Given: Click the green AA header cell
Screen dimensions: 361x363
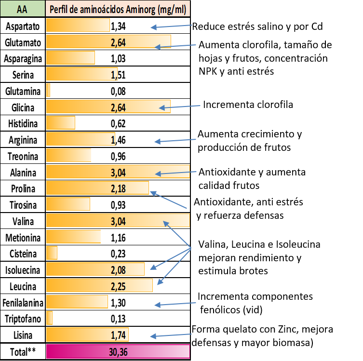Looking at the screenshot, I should coord(22,9).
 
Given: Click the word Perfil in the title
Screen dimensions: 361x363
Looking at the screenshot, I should coord(60,9).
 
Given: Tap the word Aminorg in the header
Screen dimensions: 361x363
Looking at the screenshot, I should coord(136,9).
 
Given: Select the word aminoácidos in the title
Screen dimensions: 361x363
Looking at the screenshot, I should coord(99,9).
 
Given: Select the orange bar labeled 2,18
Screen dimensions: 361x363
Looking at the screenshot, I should coord(97,188).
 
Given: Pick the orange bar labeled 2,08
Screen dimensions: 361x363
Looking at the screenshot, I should coord(95,269).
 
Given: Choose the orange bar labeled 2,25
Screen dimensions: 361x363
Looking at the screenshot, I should coord(99,285).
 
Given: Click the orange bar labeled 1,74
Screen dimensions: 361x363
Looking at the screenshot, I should coord(87,334).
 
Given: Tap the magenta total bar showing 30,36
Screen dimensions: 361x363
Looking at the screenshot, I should coord(118,351).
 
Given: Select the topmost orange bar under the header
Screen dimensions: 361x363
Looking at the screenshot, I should coord(78,25).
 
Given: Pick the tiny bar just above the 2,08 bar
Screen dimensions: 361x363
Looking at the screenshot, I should coord(52,253).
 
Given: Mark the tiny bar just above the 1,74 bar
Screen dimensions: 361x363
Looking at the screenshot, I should coord(49,318).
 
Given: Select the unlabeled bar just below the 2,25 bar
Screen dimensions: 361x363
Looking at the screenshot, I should coord(77,302).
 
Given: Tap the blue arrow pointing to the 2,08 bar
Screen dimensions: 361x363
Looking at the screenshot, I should coord(171,258).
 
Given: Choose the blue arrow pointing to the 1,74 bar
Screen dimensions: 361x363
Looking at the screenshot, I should coord(171,335).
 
